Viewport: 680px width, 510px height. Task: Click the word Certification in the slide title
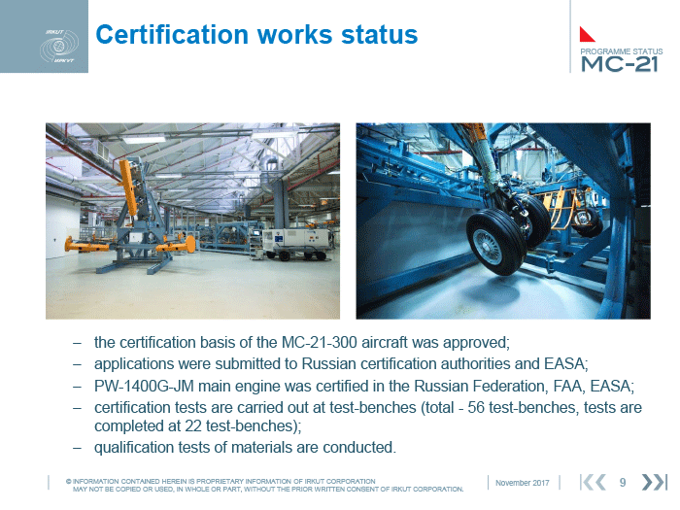point(172,35)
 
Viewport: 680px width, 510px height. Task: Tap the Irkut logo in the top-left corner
point(59,46)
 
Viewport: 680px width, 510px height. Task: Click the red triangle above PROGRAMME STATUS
point(587,34)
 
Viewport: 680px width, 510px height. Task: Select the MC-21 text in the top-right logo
point(620,64)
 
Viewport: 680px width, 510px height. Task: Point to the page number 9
point(623,482)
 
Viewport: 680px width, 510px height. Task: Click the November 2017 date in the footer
point(523,483)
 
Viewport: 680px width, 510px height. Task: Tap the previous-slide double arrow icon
point(594,482)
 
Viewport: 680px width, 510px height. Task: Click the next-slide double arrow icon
point(654,482)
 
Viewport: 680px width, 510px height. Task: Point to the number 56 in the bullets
point(476,408)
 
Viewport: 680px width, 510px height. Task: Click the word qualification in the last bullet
point(134,447)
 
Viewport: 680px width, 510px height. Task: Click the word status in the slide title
point(380,35)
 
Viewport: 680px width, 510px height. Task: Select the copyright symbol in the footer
point(69,482)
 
